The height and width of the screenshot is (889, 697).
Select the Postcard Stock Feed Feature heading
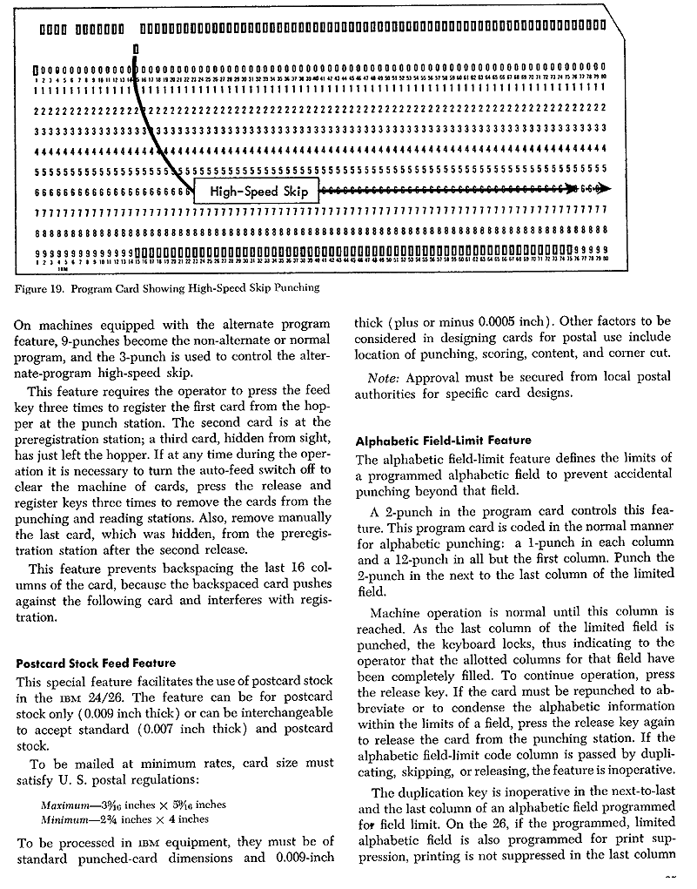click(97, 663)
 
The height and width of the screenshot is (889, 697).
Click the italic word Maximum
click(70, 805)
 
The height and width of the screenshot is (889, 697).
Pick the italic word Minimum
click(69, 818)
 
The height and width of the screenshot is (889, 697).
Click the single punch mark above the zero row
click(137, 50)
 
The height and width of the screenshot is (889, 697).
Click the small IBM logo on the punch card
click(62, 269)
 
